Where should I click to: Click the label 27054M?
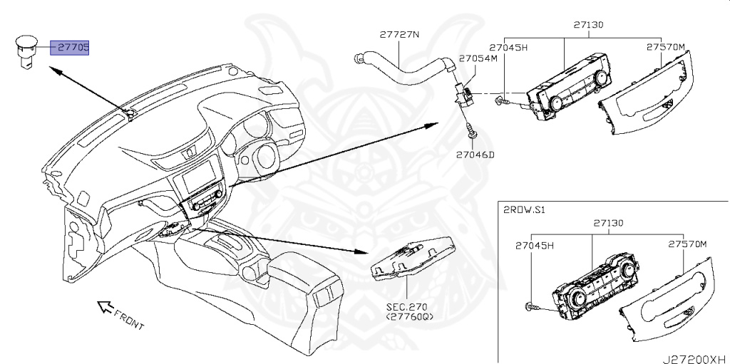477,58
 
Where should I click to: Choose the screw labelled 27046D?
470,132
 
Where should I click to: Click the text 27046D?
475,153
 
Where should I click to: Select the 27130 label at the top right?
588,24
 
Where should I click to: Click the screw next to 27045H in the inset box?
533,307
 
